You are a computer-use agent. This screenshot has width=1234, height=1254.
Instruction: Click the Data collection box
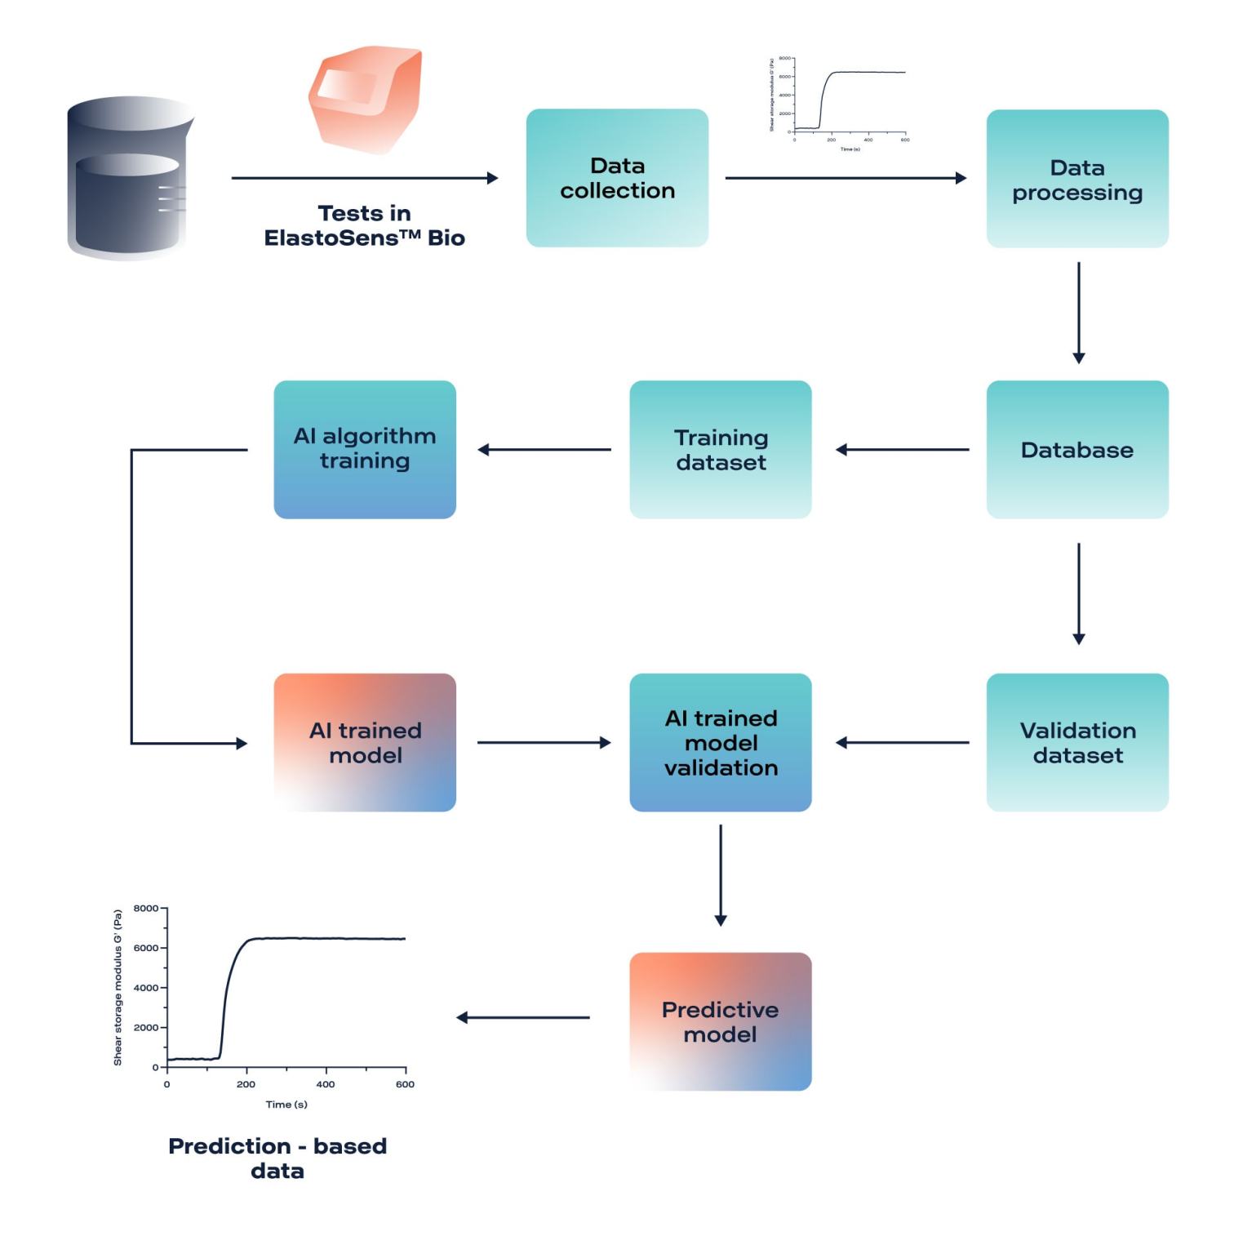(617, 178)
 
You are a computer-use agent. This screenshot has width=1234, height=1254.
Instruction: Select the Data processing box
(1077, 179)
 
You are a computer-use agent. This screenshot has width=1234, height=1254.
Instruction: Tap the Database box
(1077, 449)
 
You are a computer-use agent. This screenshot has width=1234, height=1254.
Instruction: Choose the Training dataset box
(721, 449)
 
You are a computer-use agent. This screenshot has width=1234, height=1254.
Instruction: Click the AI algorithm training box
(365, 449)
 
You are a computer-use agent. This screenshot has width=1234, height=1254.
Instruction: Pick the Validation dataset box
(1077, 742)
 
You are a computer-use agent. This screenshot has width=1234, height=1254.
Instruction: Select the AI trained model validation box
(721, 742)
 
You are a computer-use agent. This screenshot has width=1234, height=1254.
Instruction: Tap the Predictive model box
(721, 1021)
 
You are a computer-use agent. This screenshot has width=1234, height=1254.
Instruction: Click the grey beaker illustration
(129, 178)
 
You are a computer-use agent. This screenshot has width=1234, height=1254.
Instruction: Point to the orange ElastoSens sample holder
(365, 99)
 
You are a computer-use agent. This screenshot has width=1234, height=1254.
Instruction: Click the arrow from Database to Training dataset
(902, 449)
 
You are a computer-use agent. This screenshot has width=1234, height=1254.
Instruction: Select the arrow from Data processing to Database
(1078, 313)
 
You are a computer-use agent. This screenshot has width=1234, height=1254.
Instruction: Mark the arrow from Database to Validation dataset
(1078, 594)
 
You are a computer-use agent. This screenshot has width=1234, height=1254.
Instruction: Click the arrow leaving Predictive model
(523, 1017)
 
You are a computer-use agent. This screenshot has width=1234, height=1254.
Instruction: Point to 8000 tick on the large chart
(146, 908)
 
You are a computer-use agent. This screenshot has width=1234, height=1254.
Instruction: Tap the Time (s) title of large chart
(286, 1105)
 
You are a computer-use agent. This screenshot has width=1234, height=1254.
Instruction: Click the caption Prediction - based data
(277, 1158)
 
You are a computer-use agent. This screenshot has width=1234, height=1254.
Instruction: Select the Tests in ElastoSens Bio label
(364, 225)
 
